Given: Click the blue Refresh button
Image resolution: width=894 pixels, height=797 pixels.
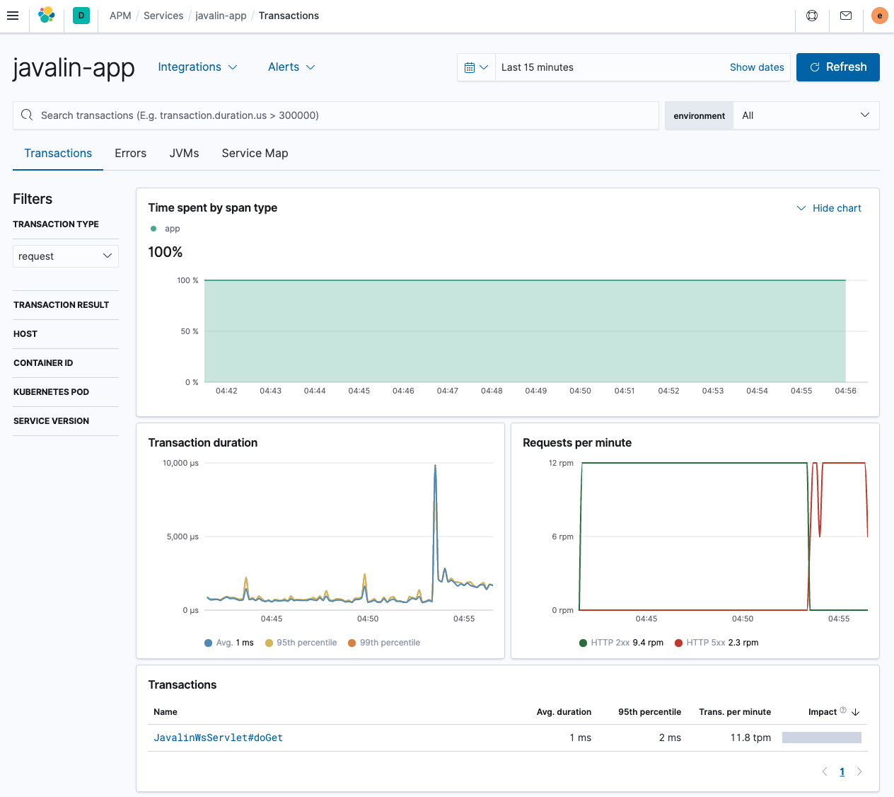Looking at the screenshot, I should pyautogui.click(x=837, y=67).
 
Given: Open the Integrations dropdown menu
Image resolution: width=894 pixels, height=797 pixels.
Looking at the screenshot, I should pyautogui.click(x=197, y=67).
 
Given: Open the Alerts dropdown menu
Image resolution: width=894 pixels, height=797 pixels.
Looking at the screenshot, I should pyautogui.click(x=291, y=67).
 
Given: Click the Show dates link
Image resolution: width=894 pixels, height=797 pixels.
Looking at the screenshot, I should pyautogui.click(x=756, y=67).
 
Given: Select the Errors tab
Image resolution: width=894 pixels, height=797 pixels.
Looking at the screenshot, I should pyautogui.click(x=130, y=154).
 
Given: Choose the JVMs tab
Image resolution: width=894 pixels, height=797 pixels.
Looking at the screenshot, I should pyautogui.click(x=184, y=154).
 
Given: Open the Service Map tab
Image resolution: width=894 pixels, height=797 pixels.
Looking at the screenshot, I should pyautogui.click(x=255, y=154).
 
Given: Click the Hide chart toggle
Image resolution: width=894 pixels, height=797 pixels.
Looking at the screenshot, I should pyautogui.click(x=829, y=208).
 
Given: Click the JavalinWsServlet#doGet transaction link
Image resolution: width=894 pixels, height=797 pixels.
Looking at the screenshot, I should pyautogui.click(x=218, y=738).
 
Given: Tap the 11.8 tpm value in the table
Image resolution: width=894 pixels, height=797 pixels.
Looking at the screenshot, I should pyautogui.click(x=750, y=738).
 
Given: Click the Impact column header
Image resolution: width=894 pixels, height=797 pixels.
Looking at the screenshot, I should pyautogui.click(x=823, y=712).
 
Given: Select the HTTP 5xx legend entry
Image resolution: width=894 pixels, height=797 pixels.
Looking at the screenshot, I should pyautogui.click(x=716, y=643).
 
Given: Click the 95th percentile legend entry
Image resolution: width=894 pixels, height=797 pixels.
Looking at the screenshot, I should pyautogui.click(x=301, y=643).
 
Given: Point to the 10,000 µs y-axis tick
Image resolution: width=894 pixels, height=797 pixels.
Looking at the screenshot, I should pyautogui.click(x=180, y=463).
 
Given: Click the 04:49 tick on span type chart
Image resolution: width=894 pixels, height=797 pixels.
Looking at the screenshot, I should pyautogui.click(x=535, y=391).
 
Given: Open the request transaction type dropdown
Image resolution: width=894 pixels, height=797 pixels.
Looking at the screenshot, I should pyautogui.click(x=65, y=256).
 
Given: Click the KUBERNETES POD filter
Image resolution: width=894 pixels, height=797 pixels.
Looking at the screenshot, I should pyautogui.click(x=51, y=392).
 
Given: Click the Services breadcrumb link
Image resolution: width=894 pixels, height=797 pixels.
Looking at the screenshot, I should pyautogui.click(x=163, y=16).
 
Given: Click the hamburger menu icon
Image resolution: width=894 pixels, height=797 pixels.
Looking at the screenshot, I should pyautogui.click(x=13, y=16).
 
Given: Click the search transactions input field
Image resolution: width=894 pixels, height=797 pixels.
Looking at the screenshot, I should pyautogui.click(x=339, y=115).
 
